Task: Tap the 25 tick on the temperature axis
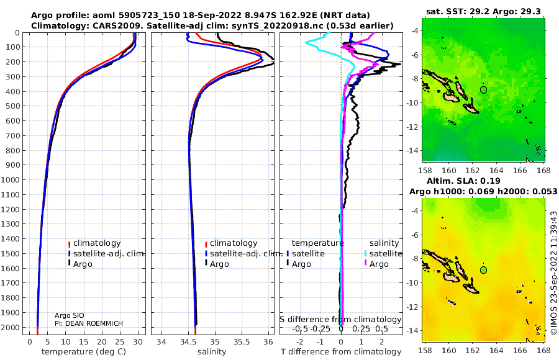(x=120, y=342)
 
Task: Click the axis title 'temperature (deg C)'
(x=84, y=352)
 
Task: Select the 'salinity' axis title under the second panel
(x=212, y=352)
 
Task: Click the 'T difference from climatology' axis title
(x=341, y=352)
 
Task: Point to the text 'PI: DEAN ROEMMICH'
(x=89, y=323)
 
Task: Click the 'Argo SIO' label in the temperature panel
(x=70, y=315)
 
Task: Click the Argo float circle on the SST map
(x=483, y=90)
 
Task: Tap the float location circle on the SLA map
(x=483, y=270)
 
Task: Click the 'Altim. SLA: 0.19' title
(x=463, y=181)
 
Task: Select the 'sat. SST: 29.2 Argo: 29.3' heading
(x=483, y=12)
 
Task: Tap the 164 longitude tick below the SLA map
(x=496, y=350)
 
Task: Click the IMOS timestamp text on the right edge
(x=553, y=272)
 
